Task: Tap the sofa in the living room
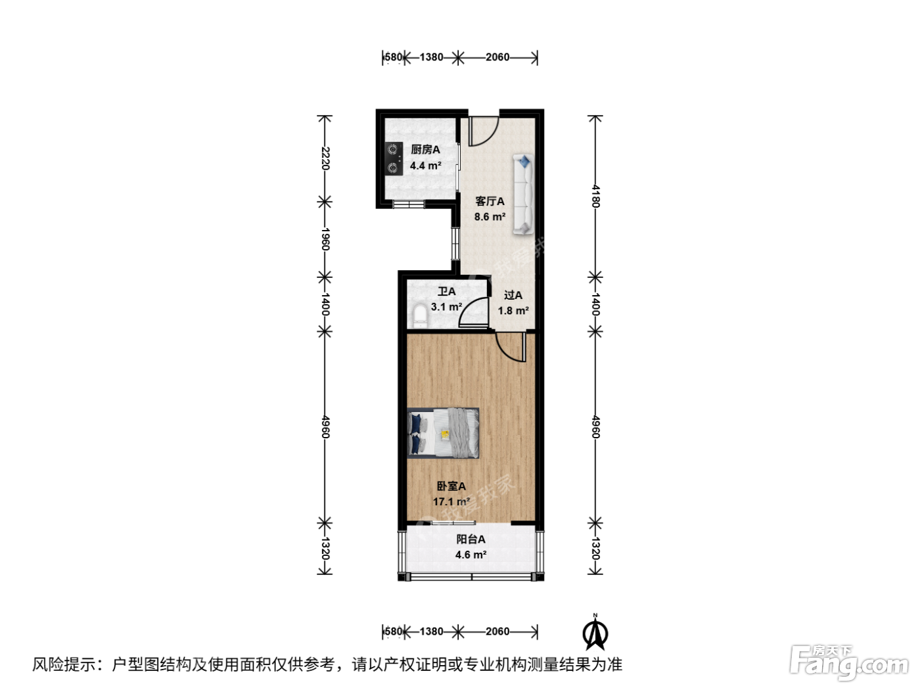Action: click(524, 194)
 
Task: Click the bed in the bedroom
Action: click(443, 433)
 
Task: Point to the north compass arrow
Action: click(595, 633)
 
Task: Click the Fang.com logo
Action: click(849, 662)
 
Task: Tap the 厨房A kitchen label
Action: click(425, 150)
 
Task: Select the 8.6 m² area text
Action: click(490, 217)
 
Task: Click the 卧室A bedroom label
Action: click(451, 486)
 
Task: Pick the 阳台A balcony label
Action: click(471, 539)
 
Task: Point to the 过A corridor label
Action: click(513, 295)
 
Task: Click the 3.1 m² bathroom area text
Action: click(446, 307)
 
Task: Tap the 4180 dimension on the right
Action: click(595, 196)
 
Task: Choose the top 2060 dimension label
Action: click(497, 57)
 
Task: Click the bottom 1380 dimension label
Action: click(431, 632)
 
